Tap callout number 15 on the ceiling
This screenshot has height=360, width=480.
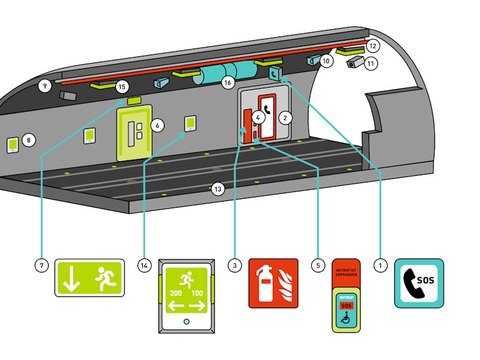coord(122,86)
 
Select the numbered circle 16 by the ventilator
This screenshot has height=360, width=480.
coord(228,83)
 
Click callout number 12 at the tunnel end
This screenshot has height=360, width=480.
coord(372,46)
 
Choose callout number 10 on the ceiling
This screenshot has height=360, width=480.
coord(326,61)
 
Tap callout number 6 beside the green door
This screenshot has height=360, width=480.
coord(157,125)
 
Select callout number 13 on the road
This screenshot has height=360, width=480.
coord(218,189)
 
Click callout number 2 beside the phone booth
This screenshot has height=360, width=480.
coord(286,118)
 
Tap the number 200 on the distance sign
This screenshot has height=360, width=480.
coord(175,293)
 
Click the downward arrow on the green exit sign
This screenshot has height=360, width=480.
coord(72,279)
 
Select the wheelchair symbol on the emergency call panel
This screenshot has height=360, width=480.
coord(345,319)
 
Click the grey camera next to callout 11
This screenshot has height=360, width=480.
coord(355,62)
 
